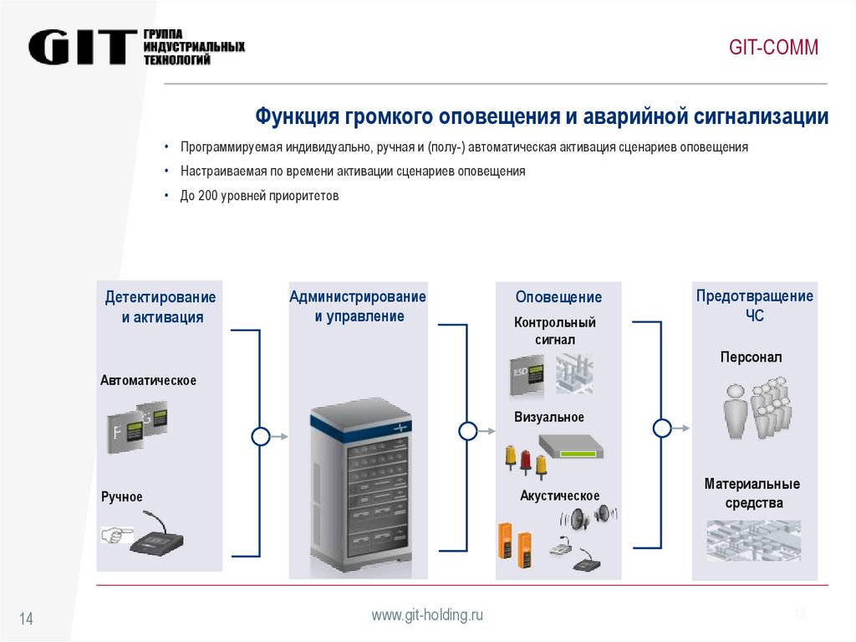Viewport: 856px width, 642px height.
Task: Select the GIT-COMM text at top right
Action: click(x=773, y=48)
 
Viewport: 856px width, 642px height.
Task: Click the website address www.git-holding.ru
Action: click(x=427, y=615)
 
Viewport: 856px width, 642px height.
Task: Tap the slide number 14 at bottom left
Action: click(x=26, y=619)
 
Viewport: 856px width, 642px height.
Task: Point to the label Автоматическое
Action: click(x=149, y=381)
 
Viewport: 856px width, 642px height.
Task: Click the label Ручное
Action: click(x=122, y=497)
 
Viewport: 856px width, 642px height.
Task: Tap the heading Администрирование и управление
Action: click(x=358, y=306)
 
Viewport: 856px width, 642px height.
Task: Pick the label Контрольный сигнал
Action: click(x=555, y=331)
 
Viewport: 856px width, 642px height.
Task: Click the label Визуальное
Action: click(x=549, y=417)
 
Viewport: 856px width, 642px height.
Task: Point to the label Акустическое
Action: click(x=559, y=496)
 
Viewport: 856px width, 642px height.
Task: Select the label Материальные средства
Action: click(x=752, y=494)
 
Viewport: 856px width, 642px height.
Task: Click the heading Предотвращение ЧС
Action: click(x=754, y=306)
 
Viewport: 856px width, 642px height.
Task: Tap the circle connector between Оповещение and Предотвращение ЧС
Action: click(x=662, y=429)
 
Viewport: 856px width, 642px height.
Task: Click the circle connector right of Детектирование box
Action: click(x=261, y=436)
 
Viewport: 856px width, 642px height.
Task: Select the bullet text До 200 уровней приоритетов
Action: click(x=259, y=195)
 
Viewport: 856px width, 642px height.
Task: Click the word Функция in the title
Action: click(x=294, y=116)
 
